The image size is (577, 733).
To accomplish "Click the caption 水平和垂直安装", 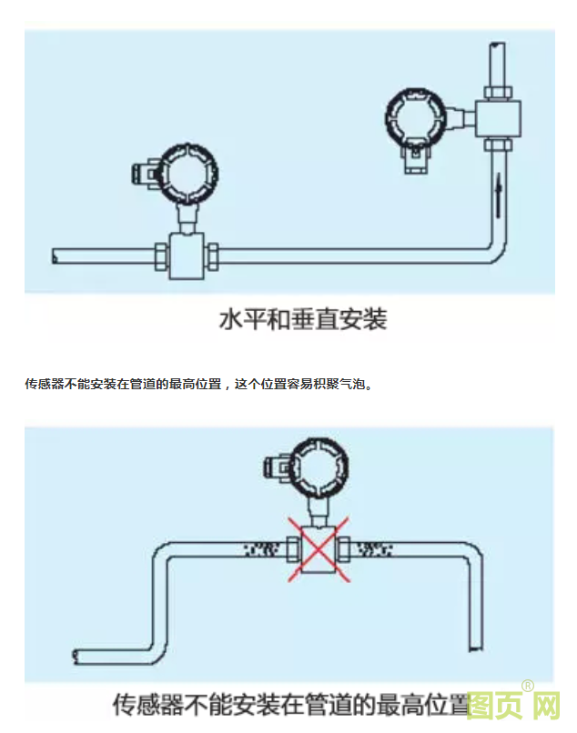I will point(303,320).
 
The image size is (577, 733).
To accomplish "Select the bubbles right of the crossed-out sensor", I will point(374,548).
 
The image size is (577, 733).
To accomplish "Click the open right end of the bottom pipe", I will point(474,647).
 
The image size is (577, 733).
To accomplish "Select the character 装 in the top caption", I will point(374,320).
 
